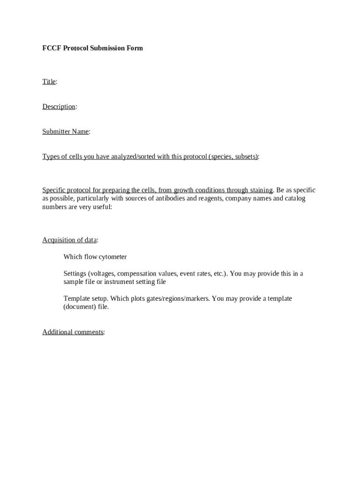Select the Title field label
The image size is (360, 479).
(49, 82)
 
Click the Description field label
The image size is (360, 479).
(59, 107)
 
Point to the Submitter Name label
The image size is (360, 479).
(65, 131)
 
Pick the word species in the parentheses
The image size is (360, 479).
(222, 157)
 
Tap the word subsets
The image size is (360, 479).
(245, 157)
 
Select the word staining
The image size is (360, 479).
(260, 190)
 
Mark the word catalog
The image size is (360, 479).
(295, 199)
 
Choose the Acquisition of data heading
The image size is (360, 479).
(70, 240)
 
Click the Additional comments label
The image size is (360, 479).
(73, 332)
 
